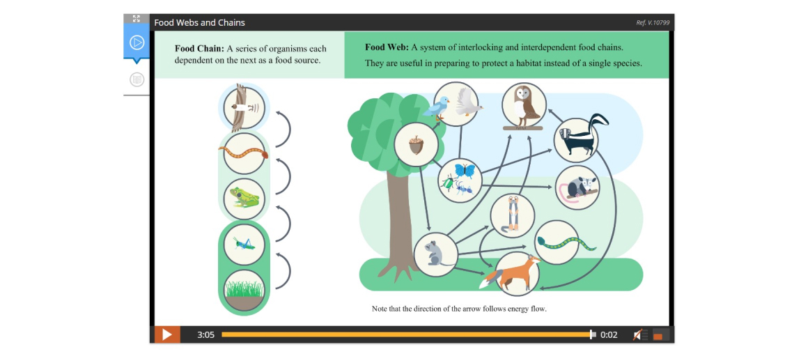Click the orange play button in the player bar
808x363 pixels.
[x=166, y=334]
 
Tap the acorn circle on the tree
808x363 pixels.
[x=416, y=144]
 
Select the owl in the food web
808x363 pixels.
[x=524, y=104]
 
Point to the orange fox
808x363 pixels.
[x=510, y=274]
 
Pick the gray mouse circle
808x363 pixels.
[x=435, y=254]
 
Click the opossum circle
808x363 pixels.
[x=578, y=187]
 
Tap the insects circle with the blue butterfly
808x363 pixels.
[x=460, y=180]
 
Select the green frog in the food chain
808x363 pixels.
[x=244, y=199]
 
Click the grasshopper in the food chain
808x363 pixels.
[x=244, y=245]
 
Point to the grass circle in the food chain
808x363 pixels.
[x=244, y=291]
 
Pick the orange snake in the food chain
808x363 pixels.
[x=244, y=153]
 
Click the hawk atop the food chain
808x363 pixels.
[x=243, y=108]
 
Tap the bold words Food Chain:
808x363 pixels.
[x=199, y=49]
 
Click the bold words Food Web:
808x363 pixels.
[x=387, y=47]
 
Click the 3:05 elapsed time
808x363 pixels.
[x=205, y=335]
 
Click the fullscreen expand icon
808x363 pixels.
[x=136, y=19]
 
